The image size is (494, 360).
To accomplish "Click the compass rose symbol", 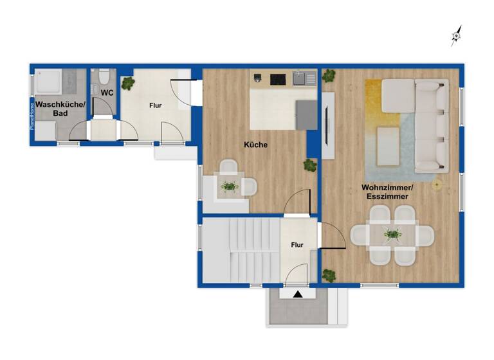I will coord(456,37).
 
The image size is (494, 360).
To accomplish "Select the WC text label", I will coord(107,93).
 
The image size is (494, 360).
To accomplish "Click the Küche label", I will coord(255,145).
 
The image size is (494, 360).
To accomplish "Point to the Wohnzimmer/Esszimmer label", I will coord(387,192).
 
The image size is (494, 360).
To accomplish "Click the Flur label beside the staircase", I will coord(297,245).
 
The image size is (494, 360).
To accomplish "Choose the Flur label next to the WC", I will coord(156,105).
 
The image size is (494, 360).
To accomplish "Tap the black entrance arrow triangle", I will coord(297,294).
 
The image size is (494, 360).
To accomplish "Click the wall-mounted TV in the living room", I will coord(328,125).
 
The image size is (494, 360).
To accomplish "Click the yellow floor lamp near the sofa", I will coord(437,185).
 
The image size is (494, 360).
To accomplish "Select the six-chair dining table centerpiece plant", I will coord(391,235).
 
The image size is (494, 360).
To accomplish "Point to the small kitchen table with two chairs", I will coord(229,186).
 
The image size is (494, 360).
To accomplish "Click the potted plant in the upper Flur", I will coord(129,83).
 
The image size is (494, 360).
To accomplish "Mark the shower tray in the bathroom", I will coord(48,82).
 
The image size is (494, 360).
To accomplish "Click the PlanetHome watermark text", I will coord(32,116).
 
